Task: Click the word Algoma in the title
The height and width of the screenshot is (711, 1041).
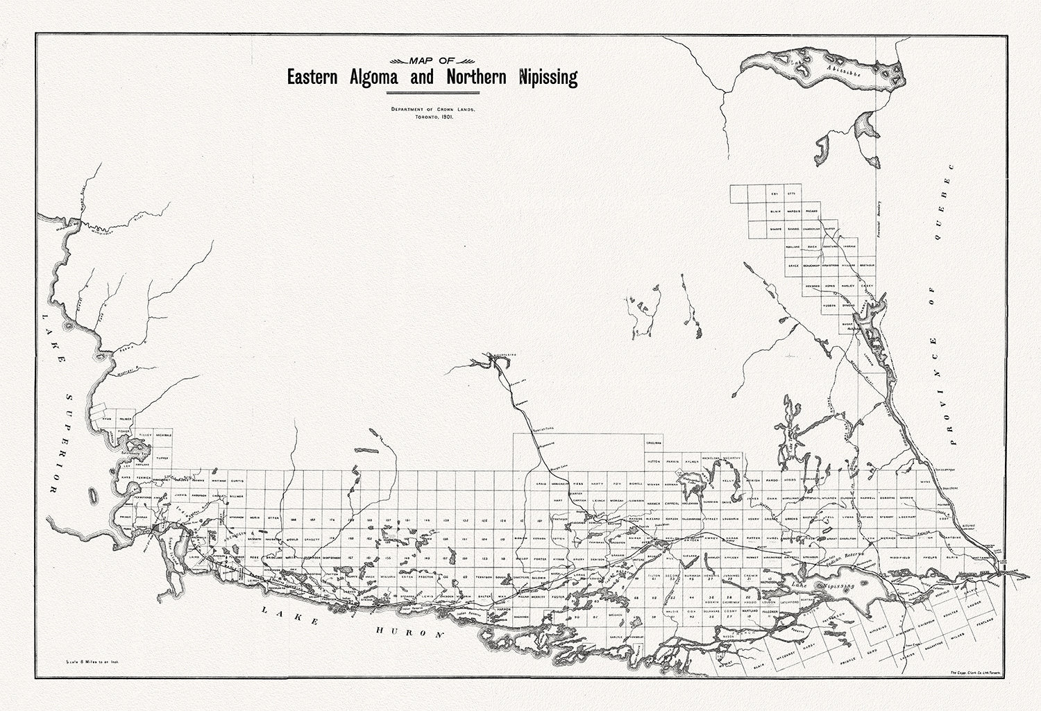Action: [x=369, y=77]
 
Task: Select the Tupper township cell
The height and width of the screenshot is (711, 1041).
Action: [x=162, y=459]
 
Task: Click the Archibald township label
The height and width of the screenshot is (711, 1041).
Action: [x=163, y=434]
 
